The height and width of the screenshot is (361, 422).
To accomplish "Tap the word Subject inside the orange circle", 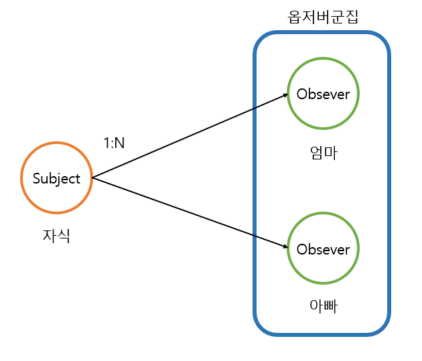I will click(56, 179).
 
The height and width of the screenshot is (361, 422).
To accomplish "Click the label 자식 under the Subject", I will click(56, 236).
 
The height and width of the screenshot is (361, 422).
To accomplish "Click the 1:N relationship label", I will click(114, 143).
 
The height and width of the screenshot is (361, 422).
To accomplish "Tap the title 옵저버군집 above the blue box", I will click(323, 17).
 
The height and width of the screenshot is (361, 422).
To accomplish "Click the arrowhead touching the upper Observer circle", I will click(283, 96).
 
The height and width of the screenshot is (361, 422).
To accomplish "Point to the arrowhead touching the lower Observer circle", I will click(283, 247).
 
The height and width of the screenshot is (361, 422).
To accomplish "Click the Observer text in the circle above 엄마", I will click(323, 94).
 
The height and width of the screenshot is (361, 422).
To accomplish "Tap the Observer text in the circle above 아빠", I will click(323, 250).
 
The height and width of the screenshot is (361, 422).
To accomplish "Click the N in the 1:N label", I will click(120, 143).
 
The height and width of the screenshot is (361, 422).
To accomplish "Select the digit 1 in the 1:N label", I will click(106, 143).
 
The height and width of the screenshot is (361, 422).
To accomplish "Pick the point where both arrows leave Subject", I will click(92, 178).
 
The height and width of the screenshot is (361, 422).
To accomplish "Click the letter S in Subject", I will click(36, 179).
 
